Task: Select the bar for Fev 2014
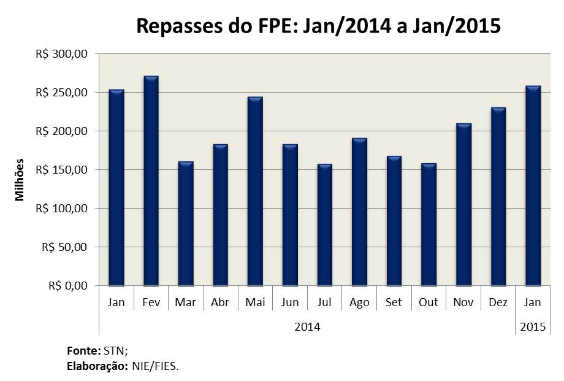coord(151,181)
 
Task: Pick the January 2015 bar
coord(533,186)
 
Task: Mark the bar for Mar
coord(185,223)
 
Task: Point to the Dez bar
coord(498,196)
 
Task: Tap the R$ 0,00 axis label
coord(68,286)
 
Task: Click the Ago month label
coord(359,302)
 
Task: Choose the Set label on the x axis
coord(394,302)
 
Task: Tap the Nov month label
coord(463,302)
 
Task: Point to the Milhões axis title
coord(20,180)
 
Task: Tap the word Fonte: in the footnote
coord(83,352)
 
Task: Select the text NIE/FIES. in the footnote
coord(156,366)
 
